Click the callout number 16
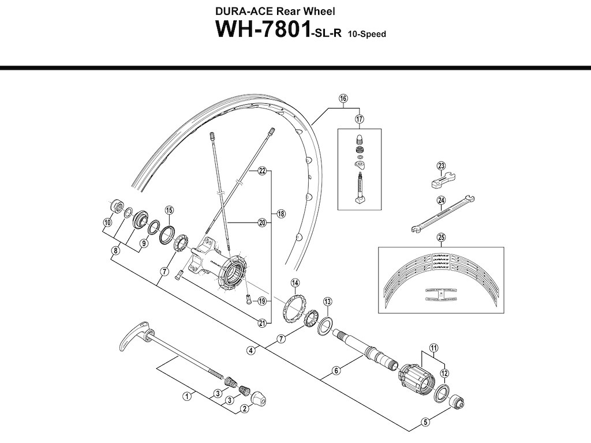pos(343,99)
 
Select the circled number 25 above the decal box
pos(441,236)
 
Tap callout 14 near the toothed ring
pos(295,283)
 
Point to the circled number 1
pos(186,396)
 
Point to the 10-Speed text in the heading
pos(366,34)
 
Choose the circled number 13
pos(327,302)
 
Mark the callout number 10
pos(107,223)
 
